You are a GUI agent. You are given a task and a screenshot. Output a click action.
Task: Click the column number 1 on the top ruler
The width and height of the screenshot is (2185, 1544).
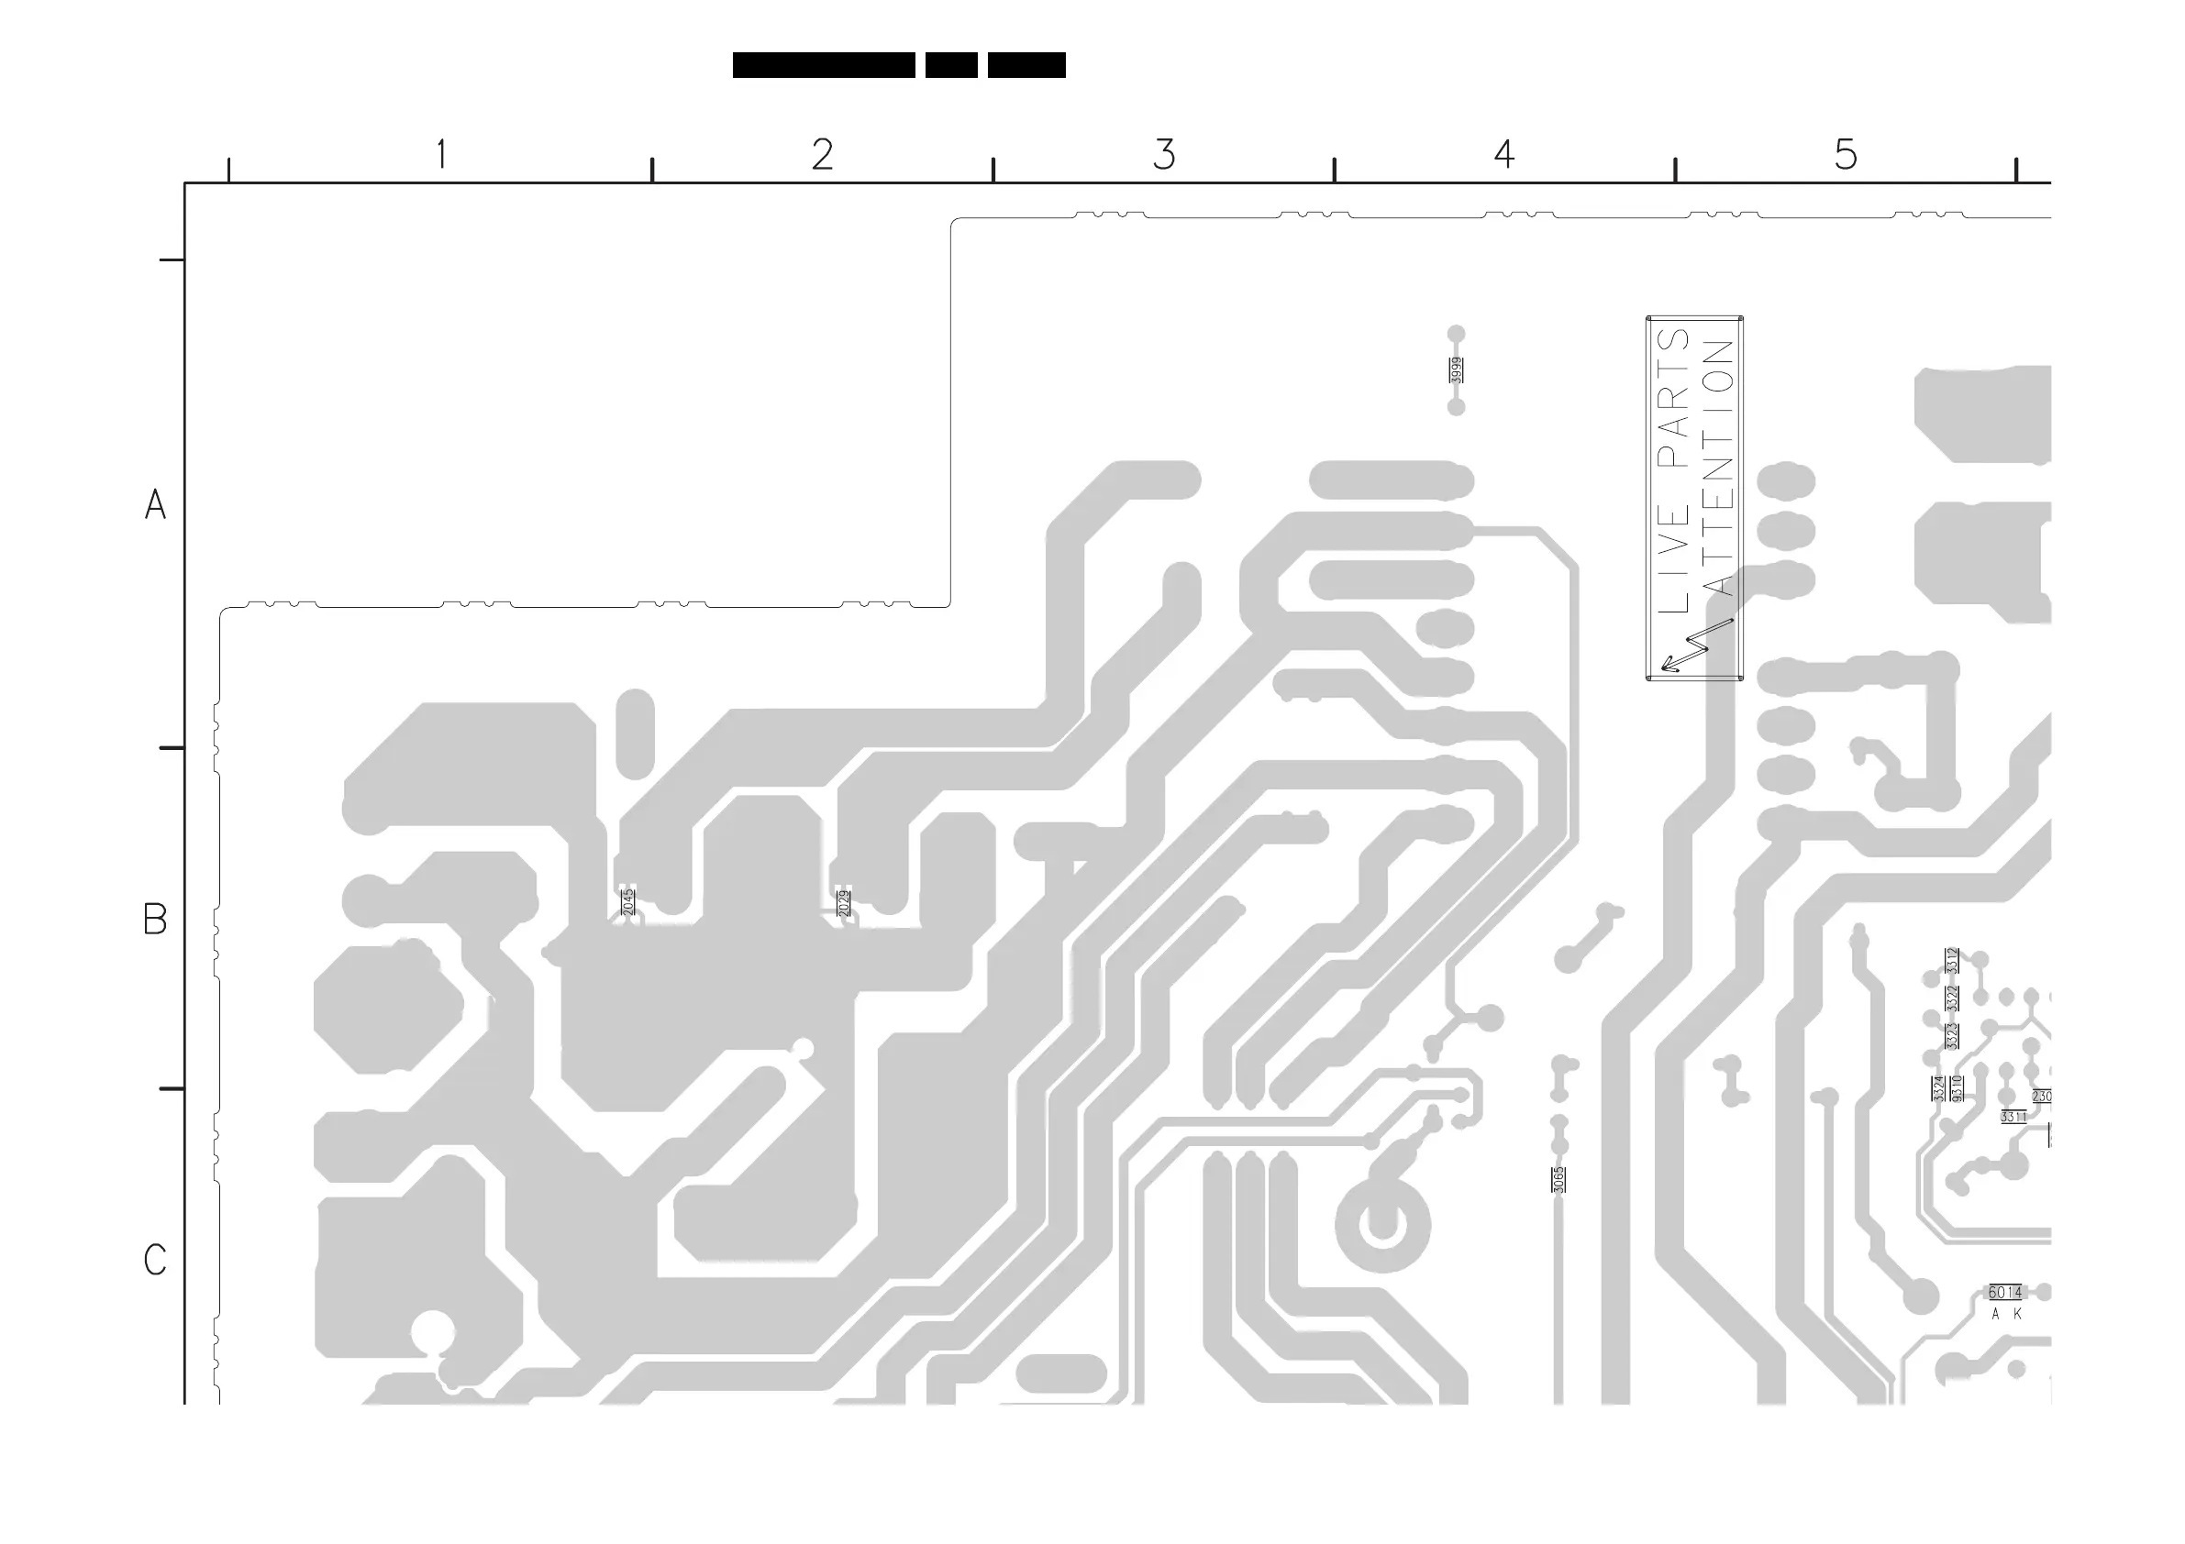[440, 154]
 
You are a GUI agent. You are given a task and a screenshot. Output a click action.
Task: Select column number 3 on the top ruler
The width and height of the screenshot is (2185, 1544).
[1164, 154]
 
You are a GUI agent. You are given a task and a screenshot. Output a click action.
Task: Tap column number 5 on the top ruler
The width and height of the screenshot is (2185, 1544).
[1846, 154]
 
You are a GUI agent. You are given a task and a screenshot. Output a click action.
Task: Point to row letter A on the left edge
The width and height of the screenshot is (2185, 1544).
[155, 504]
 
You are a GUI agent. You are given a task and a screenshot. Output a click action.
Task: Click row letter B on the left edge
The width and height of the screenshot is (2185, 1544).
[155, 919]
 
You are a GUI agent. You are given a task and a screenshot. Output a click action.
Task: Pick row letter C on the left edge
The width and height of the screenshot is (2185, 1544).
[155, 1260]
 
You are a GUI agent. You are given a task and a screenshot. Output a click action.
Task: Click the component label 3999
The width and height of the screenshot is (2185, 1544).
[1455, 370]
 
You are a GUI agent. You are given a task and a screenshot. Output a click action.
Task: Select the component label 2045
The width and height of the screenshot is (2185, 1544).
[628, 901]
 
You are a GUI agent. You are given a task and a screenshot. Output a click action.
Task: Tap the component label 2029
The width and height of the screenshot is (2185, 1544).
[844, 902]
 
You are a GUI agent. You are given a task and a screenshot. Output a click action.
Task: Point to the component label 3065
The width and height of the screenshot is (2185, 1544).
[1558, 1180]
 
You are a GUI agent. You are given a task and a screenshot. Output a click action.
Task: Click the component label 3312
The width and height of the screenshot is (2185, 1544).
[1952, 961]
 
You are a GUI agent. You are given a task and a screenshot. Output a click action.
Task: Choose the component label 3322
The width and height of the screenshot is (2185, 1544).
[1952, 998]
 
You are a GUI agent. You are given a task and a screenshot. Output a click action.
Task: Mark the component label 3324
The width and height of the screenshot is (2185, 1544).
[1938, 1088]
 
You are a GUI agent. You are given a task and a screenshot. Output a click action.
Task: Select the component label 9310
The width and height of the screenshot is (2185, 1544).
[1957, 1088]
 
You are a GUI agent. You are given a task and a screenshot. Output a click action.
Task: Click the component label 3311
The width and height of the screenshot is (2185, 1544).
[2013, 1117]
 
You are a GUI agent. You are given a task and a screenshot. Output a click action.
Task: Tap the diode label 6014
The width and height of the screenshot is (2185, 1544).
[2005, 1292]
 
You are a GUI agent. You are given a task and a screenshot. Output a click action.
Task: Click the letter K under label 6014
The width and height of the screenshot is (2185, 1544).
[2017, 1314]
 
